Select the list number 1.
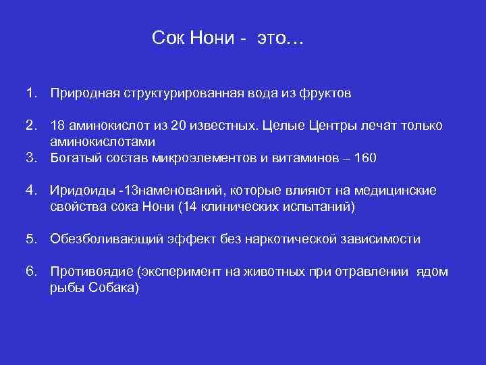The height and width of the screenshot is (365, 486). pyautogui.click(x=31, y=93)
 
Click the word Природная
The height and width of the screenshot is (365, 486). pyautogui.click(x=84, y=93)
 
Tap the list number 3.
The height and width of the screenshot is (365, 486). pyautogui.click(x=31, y=158)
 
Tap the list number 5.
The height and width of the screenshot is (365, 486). pyautogui.click(x=31, y=239)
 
